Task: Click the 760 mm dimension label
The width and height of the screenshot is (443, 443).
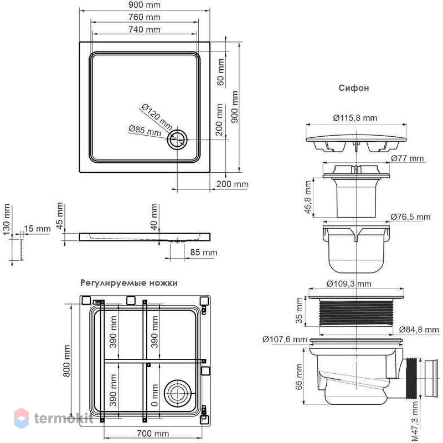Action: (x=145, y=17)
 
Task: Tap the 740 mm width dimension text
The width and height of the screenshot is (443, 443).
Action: (x=145, y=29)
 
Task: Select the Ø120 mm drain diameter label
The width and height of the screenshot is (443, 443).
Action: (x=157, y=116)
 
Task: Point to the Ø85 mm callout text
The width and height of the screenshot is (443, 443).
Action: (x=145, y=131)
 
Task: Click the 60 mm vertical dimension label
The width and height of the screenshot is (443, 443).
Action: (x=220, y=72)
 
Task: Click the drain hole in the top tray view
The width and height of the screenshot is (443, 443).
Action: (x=177, y=140)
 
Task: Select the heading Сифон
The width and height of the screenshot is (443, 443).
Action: (x=354, y=88)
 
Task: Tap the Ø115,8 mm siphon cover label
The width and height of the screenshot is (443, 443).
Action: (x=355, y=117)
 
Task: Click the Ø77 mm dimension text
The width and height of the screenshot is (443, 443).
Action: (x=408, y=158)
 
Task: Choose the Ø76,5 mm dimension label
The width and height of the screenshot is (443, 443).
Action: (x=411, y=217)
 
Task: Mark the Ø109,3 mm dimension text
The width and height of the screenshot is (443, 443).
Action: (x=349, y=284)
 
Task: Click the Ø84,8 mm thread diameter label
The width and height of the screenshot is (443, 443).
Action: (x=419, y=329)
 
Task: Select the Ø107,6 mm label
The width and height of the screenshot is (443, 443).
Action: (x=285, y=339)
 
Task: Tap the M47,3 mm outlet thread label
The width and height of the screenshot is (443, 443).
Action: (x=414, y=421)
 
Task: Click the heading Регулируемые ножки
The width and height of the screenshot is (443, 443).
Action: (x=129, y=283)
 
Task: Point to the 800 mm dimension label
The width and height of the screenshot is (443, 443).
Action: (x=66, y=361)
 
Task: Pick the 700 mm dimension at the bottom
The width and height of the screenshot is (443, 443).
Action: (x=153, y=433)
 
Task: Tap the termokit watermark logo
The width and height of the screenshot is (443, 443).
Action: (x=54, y=418)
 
